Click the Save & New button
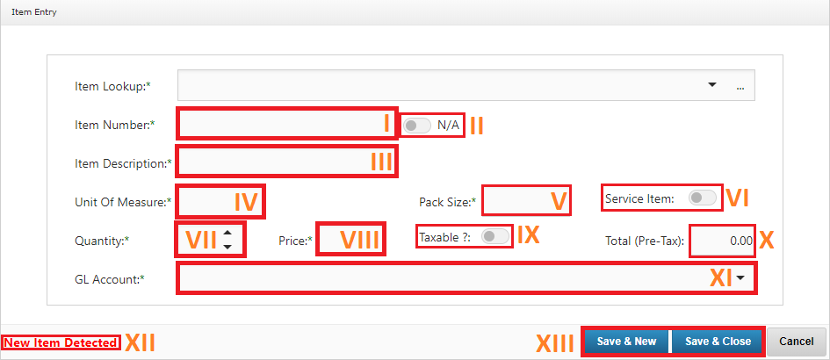626,342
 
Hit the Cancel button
796,342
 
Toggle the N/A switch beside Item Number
417,126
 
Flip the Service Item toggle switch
702,198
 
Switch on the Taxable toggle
495,237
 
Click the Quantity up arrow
227,233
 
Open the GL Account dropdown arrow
740,277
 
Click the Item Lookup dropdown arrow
712,84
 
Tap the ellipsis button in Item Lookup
740,87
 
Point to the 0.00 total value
741,241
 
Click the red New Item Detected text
61,343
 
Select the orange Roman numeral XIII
556,343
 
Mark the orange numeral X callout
767,241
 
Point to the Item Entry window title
34,12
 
